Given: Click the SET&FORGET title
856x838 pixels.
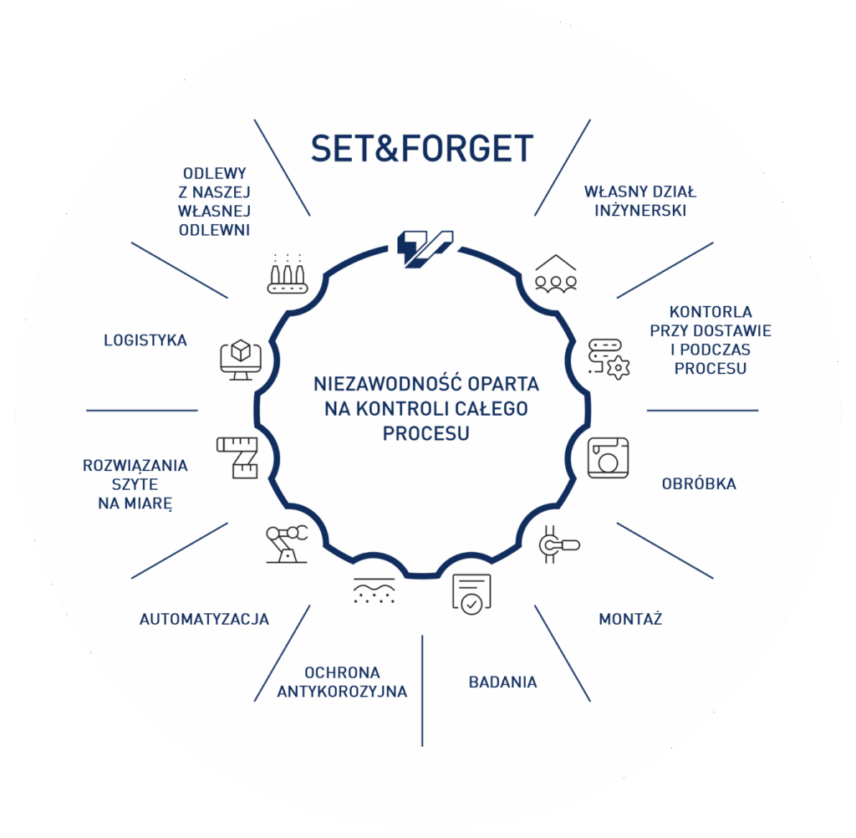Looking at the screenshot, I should point(421,150).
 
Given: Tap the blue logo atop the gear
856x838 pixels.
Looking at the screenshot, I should point(424,248).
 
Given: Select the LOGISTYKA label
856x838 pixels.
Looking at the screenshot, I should point(145,340).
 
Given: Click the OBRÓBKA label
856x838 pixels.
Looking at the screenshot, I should point(699,483).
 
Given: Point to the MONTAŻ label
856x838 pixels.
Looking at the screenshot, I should point(630,619).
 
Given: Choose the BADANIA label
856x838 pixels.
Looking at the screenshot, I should point(502,682).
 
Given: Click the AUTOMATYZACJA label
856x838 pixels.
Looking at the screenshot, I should point(204,619).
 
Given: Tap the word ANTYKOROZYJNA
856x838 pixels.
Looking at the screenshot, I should point(342,692).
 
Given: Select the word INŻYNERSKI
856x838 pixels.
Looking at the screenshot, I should point(640,211).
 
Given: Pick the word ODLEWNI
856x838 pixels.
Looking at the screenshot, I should point(214,230).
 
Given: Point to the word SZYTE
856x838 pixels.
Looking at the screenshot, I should point(135,485).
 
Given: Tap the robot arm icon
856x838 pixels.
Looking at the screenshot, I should point(286,543).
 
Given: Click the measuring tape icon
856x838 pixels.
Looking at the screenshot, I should point(237,457).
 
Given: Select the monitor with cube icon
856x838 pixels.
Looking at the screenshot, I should point(241,359).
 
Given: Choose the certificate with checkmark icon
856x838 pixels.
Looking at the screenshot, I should point(471,594).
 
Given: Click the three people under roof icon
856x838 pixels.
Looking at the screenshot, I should point(556,273).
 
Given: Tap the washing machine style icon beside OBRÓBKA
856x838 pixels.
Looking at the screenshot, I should point(608,457).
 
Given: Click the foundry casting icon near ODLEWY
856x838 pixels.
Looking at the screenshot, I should point(288,273).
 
